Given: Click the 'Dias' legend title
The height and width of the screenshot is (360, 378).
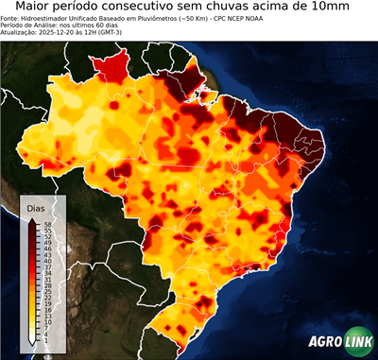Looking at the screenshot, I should pyautogui.click(x=35, y=207).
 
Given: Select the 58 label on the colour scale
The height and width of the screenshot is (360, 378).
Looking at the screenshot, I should pyautogui.click(x=46, y=224).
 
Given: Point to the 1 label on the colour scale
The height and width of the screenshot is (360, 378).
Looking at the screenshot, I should pyautogui.click(x=45, y=338).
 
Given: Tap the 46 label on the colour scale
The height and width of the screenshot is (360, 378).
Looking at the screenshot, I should pyautogui.click(x=46, y=248).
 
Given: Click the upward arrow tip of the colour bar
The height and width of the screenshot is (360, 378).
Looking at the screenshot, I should pyautogui.click(x=31, y=218).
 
